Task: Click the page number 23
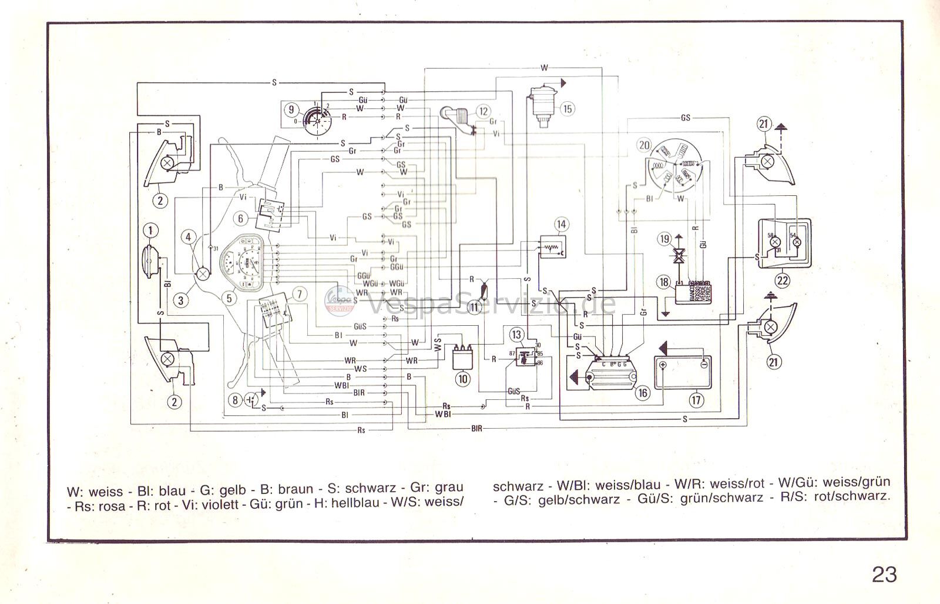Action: tap(884, 574)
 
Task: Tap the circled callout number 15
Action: tap(567, 108)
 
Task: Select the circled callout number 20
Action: tap(645, 145)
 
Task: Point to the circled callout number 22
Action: tap(782, 280)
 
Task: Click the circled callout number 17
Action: tap(696, 401)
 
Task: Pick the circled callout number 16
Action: tap(643, 392)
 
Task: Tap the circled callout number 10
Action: tap(463, 379)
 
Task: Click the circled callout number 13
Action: tap(516, 335)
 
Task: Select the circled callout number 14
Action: tap(561, 224)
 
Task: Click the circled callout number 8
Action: tap(236, 401)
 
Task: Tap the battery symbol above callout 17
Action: tap(683, 373)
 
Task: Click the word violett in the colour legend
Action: tap(222, 504)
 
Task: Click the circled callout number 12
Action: tap(484, 111)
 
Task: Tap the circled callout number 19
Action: tap(664, 239)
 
